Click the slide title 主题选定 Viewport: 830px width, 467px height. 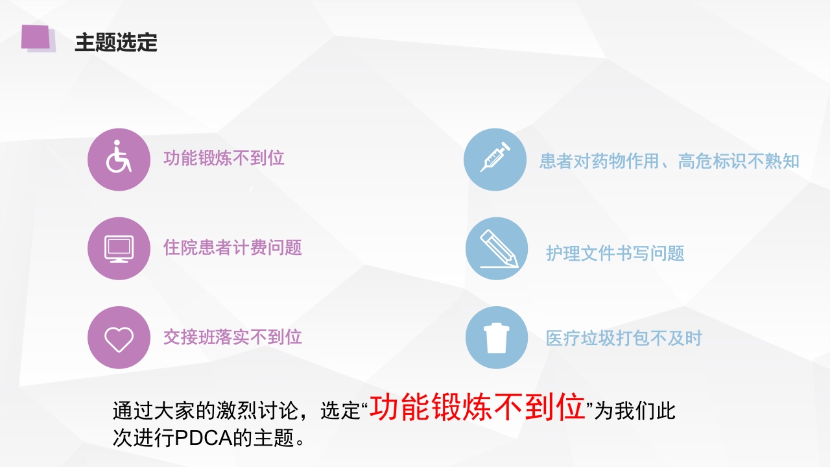116,43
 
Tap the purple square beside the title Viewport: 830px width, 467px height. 36,37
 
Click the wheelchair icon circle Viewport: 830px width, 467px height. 119,160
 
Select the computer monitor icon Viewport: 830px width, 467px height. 119,248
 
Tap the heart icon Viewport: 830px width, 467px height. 119,338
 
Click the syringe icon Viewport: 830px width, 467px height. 495,160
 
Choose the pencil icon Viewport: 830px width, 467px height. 497,248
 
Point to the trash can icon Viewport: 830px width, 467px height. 497,338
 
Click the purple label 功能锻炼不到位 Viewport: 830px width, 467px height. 224,158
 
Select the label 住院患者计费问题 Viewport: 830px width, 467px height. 232,248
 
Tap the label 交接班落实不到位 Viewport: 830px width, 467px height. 232,337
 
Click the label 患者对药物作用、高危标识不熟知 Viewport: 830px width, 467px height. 669,162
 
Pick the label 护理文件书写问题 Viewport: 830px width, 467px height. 615,253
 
